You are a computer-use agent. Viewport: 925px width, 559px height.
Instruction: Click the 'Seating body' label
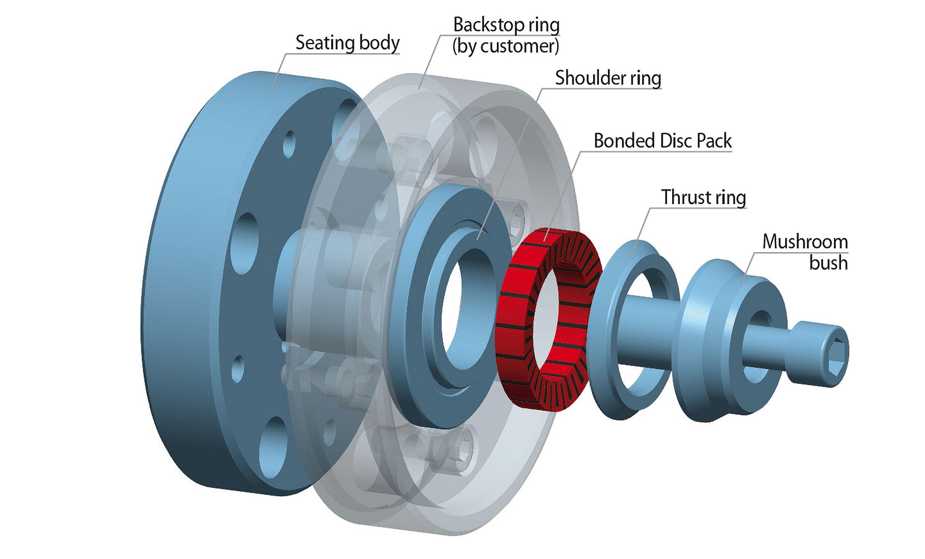(x=347, y=43)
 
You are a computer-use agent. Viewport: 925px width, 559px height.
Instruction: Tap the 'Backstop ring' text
(x=506, y=25)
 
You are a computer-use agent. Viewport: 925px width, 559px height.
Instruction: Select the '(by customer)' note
(x=505, y=46)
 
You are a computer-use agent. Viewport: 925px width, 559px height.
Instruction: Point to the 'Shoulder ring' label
(x=608, y=78)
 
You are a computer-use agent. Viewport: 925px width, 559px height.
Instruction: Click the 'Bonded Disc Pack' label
(x=662, y=141)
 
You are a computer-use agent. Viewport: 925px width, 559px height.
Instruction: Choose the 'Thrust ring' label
(x=703, y=197)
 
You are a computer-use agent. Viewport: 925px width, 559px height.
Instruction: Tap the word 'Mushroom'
(x=805, y=241)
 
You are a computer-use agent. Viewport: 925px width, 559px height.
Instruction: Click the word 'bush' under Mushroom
(x=828, y=263)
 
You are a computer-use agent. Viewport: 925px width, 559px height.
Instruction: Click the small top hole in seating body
(x=289, y=144)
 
